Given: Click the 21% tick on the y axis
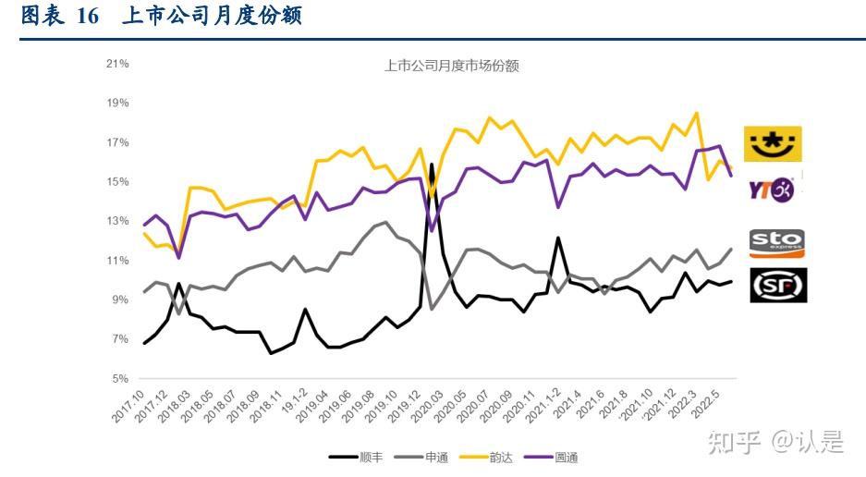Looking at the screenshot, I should pyautogui.click(x=117, y=64).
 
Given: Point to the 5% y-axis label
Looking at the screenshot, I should pyautogui.click(x=119, y=379).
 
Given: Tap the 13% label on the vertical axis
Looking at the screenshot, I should pyautogui.click(x=117, y=221).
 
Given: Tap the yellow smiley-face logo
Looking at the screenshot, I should pyautogui.click(x=773, y=143).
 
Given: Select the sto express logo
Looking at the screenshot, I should pyautogui.click(x=776, y=243).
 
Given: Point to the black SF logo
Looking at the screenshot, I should pyautogui.click(x=776, y=285).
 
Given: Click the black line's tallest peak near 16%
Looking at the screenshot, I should pyautogui.click(x=432, y=165).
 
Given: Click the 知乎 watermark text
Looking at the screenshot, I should pyautogui.click(x=729, y=443).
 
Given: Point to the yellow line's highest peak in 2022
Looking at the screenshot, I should pyautogui.click(x=696, y=113).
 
